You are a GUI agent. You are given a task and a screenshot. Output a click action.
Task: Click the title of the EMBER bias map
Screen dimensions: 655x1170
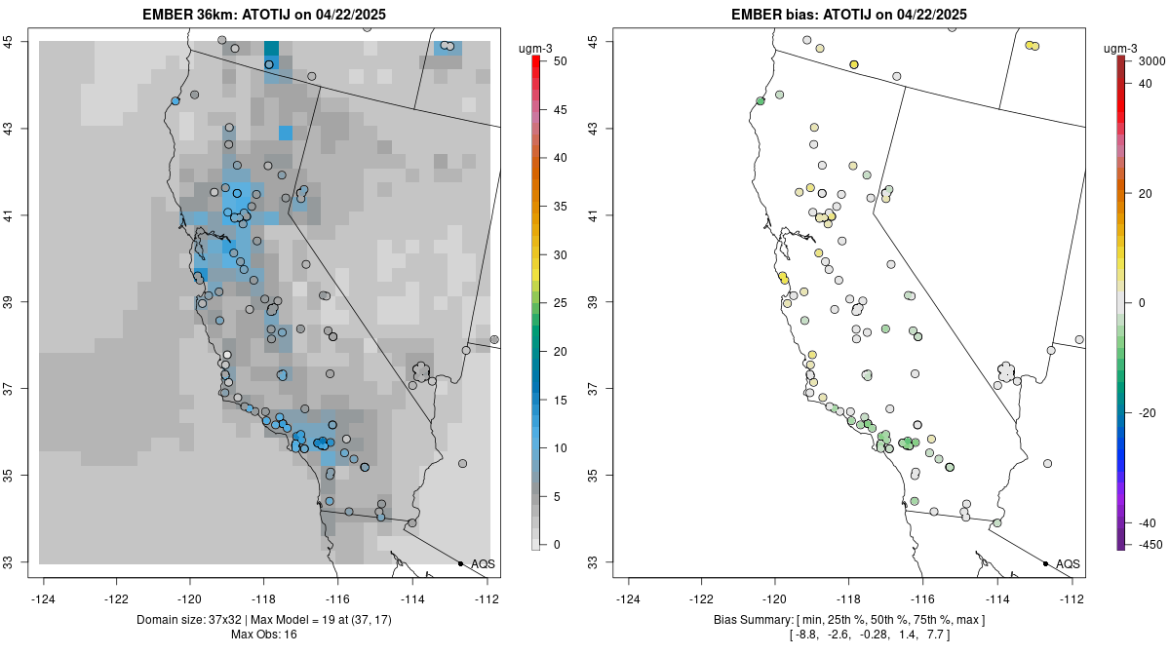[x=848, y=14]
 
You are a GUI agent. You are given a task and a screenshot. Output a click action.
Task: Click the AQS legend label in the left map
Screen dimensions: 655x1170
[x=484, y=563]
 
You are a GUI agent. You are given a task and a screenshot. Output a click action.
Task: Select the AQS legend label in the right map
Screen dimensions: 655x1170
[x=1069, y=563]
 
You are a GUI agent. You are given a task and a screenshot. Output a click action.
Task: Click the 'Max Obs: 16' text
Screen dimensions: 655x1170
[x=263, y=635]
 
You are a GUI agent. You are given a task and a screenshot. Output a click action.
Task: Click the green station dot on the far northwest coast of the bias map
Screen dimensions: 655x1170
[x=760, y=100]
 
